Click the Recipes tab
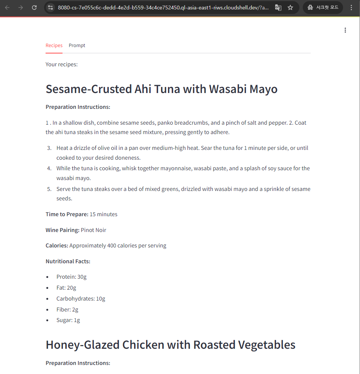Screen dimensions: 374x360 coord(54,46)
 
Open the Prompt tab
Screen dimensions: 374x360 coord(77,46)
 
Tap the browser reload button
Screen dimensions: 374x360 coord(34,8)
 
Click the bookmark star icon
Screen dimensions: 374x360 coord(290,8)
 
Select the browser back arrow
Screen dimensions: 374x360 coord(7,8)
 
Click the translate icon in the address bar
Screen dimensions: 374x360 coord(278,8)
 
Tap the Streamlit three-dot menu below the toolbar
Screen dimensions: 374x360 coord(345,30)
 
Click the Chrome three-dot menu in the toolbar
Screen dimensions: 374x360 coord(351,8)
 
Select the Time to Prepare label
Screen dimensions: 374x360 coord(67,214)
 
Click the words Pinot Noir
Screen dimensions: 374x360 coord(93,230)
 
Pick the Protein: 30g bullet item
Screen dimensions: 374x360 coord(72,277)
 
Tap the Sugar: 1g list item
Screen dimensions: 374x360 coord(68,320)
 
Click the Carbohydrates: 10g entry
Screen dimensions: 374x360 coord(81,299)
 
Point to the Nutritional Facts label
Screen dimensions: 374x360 coord(68,261)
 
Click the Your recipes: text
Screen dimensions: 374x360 coord(61,64)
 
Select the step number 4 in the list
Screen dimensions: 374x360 coord(49,168)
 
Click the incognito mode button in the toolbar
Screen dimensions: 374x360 coord(323,8)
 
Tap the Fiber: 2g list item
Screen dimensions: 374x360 coord(67,310)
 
